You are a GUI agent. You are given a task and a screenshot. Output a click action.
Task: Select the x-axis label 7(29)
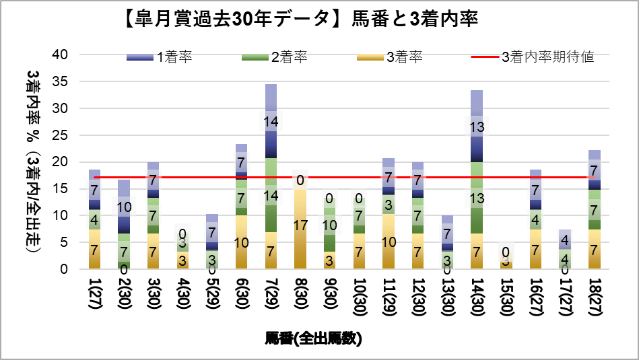click(x=271, y=295)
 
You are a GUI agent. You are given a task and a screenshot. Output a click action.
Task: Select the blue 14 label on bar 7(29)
click(x=271, y=122)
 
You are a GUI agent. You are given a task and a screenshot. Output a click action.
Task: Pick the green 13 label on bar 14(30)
click(x=477, y=198)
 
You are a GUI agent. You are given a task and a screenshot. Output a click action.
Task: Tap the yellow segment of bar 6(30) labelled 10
click(x=241, y=242)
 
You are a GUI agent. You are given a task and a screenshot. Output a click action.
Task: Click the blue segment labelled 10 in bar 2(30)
click(x=124, y=207)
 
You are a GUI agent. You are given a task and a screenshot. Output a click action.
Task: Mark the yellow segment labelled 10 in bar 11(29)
click(x=389, y=242)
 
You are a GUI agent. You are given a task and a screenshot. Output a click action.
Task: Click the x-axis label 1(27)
click(x=95, y=295)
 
